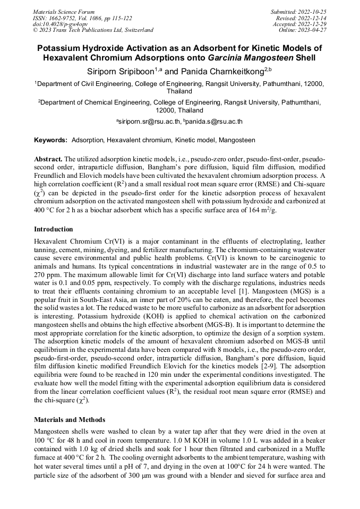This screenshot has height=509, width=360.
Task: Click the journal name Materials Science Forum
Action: [x=64, y=12]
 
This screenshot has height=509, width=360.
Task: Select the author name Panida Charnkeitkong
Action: [x=226, y=71]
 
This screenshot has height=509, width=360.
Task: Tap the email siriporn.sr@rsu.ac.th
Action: [x=149, y=122]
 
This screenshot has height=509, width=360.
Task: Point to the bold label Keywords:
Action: [x=50, y=140]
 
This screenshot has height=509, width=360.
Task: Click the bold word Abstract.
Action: [x=48, y=159]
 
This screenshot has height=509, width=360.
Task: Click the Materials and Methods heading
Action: [x=70, y=420]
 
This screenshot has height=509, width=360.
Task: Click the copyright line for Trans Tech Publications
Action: [x=93, y=30]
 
